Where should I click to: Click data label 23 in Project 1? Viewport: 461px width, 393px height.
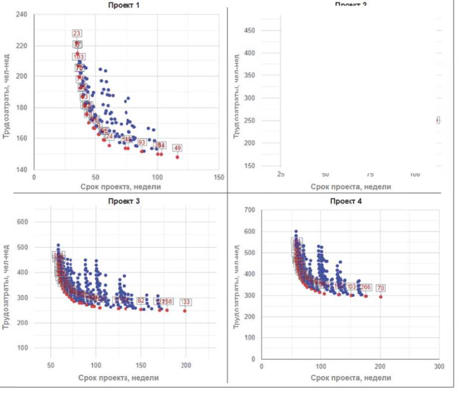click(77, 33)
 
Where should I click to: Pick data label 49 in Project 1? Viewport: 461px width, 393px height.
click(177, 148)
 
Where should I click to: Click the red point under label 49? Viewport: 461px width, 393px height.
click(177, 157)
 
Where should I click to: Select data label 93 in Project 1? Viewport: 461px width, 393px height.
click(142, 143)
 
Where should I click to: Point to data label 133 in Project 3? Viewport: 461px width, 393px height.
click(185, 302)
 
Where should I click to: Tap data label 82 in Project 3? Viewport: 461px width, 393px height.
click(141, 301)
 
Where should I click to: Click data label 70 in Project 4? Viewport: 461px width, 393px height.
click(381, 288)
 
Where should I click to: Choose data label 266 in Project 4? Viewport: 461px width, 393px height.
click(366, 287)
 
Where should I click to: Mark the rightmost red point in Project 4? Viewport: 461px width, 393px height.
click(381, 296)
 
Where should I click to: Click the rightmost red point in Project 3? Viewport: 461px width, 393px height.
click(185, 311)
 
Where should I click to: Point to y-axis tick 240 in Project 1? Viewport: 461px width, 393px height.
click(21, 14)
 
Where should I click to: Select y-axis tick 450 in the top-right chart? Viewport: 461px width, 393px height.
click(251, 31)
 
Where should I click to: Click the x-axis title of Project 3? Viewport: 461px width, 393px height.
click(118, 378)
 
